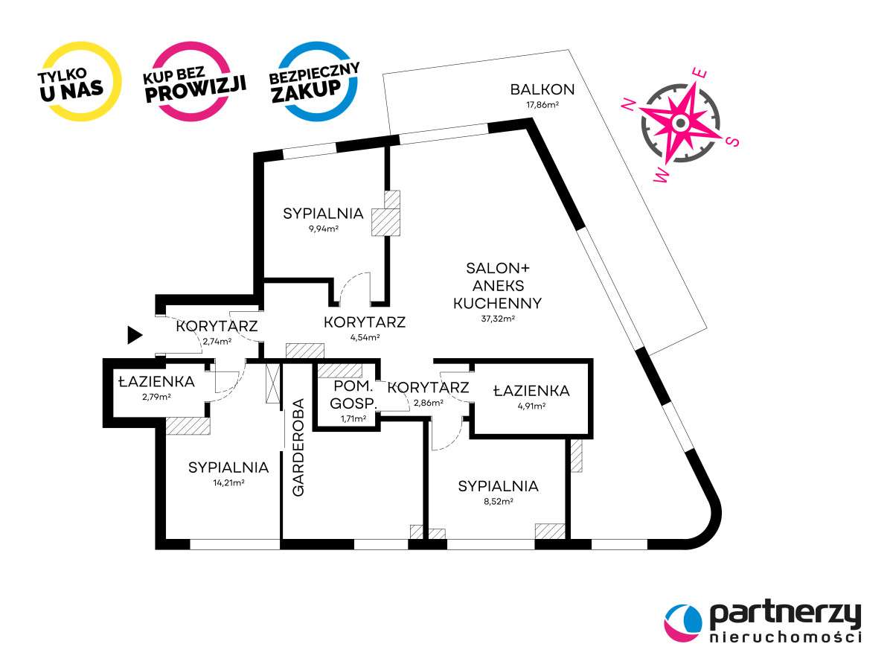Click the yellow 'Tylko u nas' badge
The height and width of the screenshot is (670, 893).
click(x=80, y=83)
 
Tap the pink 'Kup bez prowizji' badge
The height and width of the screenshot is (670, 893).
click(x=195, y=82)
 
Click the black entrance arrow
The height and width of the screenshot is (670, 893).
click(x=134, y=335)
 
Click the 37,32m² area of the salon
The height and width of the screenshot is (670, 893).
click(x=498, y=319)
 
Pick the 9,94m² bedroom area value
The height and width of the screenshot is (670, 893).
click(x=323, y=229)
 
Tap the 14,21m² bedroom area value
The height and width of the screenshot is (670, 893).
click(x=228, y=482)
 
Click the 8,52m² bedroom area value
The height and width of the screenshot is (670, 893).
click(x=498, y=501)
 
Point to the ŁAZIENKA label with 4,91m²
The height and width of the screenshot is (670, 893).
click(x=532, y=390)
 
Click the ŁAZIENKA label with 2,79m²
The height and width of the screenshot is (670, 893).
click(x=156, y=382)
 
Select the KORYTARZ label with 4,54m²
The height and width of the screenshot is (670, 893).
click(x=365, y=322)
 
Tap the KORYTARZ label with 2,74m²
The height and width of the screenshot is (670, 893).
click(x=217, y=326)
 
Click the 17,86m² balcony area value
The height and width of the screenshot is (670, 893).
click(x=542, y=105)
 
